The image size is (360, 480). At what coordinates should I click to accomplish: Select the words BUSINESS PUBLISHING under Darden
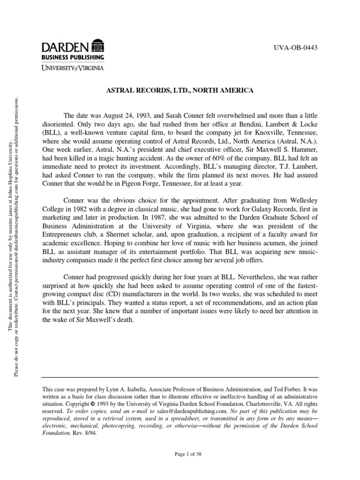click(x=73, y=57)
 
